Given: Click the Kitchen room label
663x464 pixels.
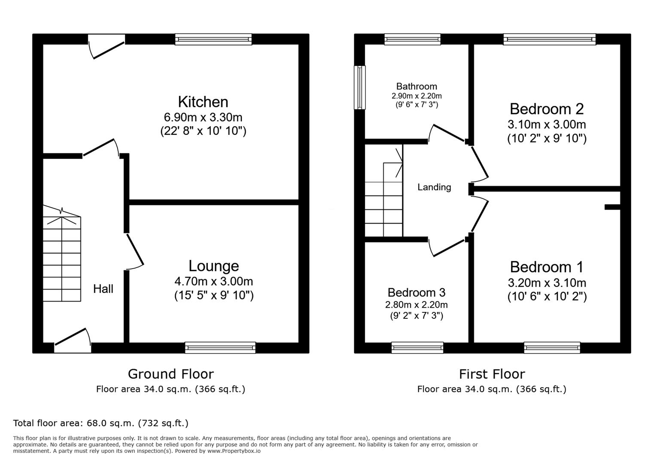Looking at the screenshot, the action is tap(203, 102).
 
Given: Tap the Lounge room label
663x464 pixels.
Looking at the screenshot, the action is tap(214, 266).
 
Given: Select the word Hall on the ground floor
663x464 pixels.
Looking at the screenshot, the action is tap(103, 289).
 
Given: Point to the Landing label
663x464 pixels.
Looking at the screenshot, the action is tap(434, 187).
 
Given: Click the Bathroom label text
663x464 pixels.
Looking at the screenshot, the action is tap(417, 86).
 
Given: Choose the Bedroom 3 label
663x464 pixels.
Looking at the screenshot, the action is tap(417, 293).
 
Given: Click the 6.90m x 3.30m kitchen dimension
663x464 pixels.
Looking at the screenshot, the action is tap(203, 118).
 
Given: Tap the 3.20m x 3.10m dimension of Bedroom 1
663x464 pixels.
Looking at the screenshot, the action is tap(547, 283).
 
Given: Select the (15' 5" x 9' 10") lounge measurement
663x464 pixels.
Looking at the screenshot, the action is tap(214, 295).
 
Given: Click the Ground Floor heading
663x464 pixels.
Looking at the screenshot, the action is tap(171, 374).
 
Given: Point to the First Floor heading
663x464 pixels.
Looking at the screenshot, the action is tap(492, 374).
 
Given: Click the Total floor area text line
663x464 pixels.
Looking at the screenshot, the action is tap(100, 423).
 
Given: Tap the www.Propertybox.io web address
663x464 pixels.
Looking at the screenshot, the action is tap(234, 451).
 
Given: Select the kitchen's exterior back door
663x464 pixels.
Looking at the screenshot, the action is tap(106, 47).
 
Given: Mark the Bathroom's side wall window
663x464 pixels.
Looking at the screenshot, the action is tap(359, 87).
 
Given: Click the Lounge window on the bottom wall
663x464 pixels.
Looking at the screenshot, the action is tap(220, 348).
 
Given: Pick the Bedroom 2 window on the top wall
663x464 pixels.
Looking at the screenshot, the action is tap(550, 40).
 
